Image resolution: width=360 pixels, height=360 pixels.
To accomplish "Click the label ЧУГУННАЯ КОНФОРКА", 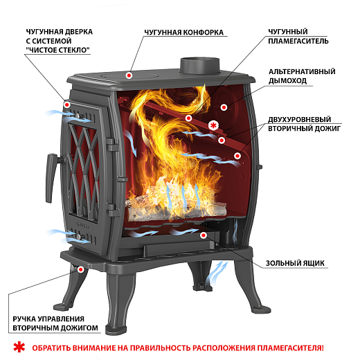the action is tap(184, 33).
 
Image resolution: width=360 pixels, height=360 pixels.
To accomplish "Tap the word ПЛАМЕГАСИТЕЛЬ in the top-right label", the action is tap(298, 41).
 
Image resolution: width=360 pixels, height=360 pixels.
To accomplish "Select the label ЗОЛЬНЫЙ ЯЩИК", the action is tap(295, 263).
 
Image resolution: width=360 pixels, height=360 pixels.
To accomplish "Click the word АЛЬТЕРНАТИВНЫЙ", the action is tap(302, 71).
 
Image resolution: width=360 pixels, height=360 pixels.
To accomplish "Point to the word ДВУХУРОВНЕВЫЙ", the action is tap(300, 119).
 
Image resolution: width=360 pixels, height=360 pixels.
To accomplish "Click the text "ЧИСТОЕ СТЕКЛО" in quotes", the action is tap(58, 50).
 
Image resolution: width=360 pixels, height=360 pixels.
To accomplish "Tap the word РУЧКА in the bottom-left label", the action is tap(24, 319).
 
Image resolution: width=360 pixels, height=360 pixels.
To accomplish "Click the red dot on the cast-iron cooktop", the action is tap(129, 75).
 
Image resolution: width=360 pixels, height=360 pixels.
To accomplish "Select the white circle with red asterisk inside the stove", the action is tap(213, 125).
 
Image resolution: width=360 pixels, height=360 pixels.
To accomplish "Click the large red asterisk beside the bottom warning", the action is tap(19, 347).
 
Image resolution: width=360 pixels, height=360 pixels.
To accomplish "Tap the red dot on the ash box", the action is tap(204, 235).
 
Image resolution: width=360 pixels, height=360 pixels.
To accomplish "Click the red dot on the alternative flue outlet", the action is tap(224, 107).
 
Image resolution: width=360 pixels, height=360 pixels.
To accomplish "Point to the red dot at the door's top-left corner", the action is tap(67, 105).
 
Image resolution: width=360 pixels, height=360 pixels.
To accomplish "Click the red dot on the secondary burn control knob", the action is tap(80, 269).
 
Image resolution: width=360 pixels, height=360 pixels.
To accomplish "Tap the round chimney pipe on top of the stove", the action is tap(199, 66).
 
